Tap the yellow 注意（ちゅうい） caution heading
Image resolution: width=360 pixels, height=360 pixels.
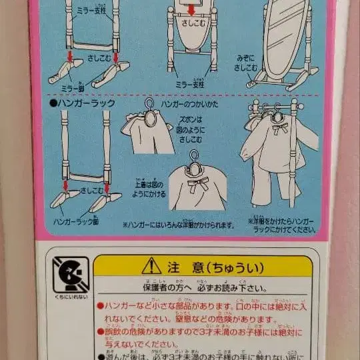click(207, 268)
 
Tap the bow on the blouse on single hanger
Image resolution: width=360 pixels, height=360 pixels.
click(198, 184)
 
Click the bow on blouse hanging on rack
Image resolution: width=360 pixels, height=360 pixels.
click(278, 126)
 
